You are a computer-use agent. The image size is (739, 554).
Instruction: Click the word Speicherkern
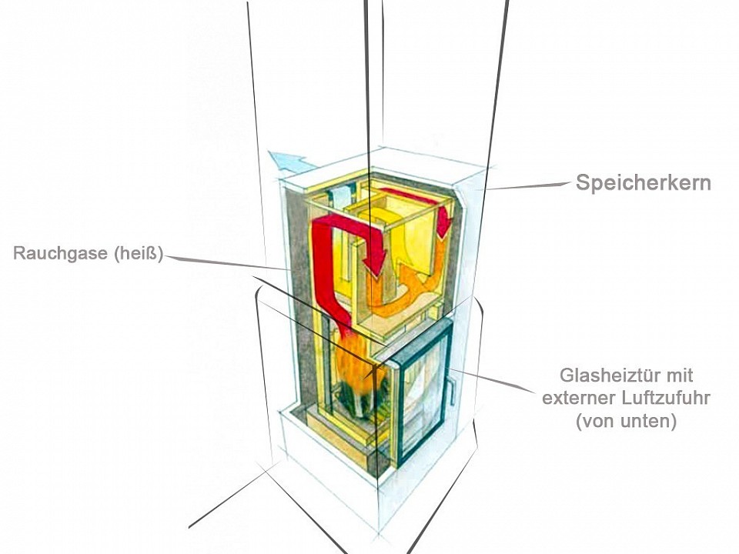pos(644,183)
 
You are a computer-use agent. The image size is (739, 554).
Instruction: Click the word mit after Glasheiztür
pos(680,375)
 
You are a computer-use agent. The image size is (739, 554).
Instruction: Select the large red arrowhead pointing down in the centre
pos(375,265)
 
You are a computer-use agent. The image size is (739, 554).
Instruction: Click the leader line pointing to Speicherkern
pos(531,186)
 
